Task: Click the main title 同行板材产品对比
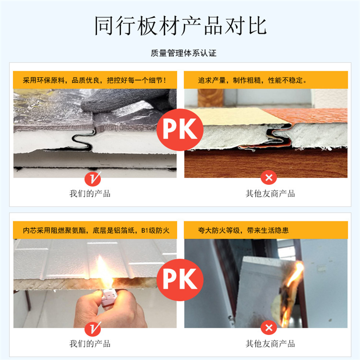coord(180,25)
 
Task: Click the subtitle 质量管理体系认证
coord(183,53)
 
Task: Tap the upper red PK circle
coord(180,130)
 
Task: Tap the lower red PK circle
coord(180,280)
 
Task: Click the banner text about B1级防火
coord(96,230)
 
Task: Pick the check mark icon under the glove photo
coord(93,179)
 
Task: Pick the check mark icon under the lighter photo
coord(93,328)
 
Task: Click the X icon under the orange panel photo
coord(269,178)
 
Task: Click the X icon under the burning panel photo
coord(269,328)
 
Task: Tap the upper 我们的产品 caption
coord(90,194)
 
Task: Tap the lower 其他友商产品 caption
coord(270,344)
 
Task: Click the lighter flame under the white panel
coord(103,272)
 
